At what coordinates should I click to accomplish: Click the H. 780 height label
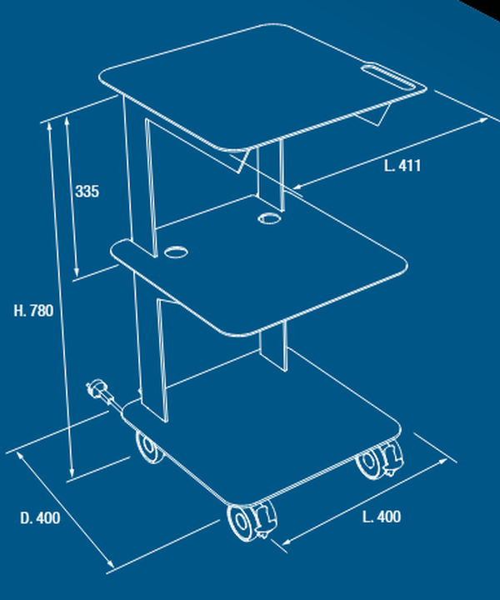click(33, 310)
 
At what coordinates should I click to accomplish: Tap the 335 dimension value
click(87, 192)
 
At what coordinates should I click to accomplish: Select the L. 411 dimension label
click(402, 166)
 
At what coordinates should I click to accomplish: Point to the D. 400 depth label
click(40, 518)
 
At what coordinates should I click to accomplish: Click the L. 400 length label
click(382, 517)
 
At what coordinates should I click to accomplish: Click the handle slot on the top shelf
click(389, 77)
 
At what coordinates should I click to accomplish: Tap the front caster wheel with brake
click(252, 522)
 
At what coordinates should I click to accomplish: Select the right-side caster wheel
click(379, 459)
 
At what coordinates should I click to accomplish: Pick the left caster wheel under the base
click(148, 447)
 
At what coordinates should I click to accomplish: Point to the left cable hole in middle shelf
click(176, 252)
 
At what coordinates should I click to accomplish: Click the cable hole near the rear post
click(270, 218)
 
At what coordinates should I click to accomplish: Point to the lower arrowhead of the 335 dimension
click(77, 272)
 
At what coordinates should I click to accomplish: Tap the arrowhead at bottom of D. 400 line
click(111, 564)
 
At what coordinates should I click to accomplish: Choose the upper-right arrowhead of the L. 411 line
click(483, 121)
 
